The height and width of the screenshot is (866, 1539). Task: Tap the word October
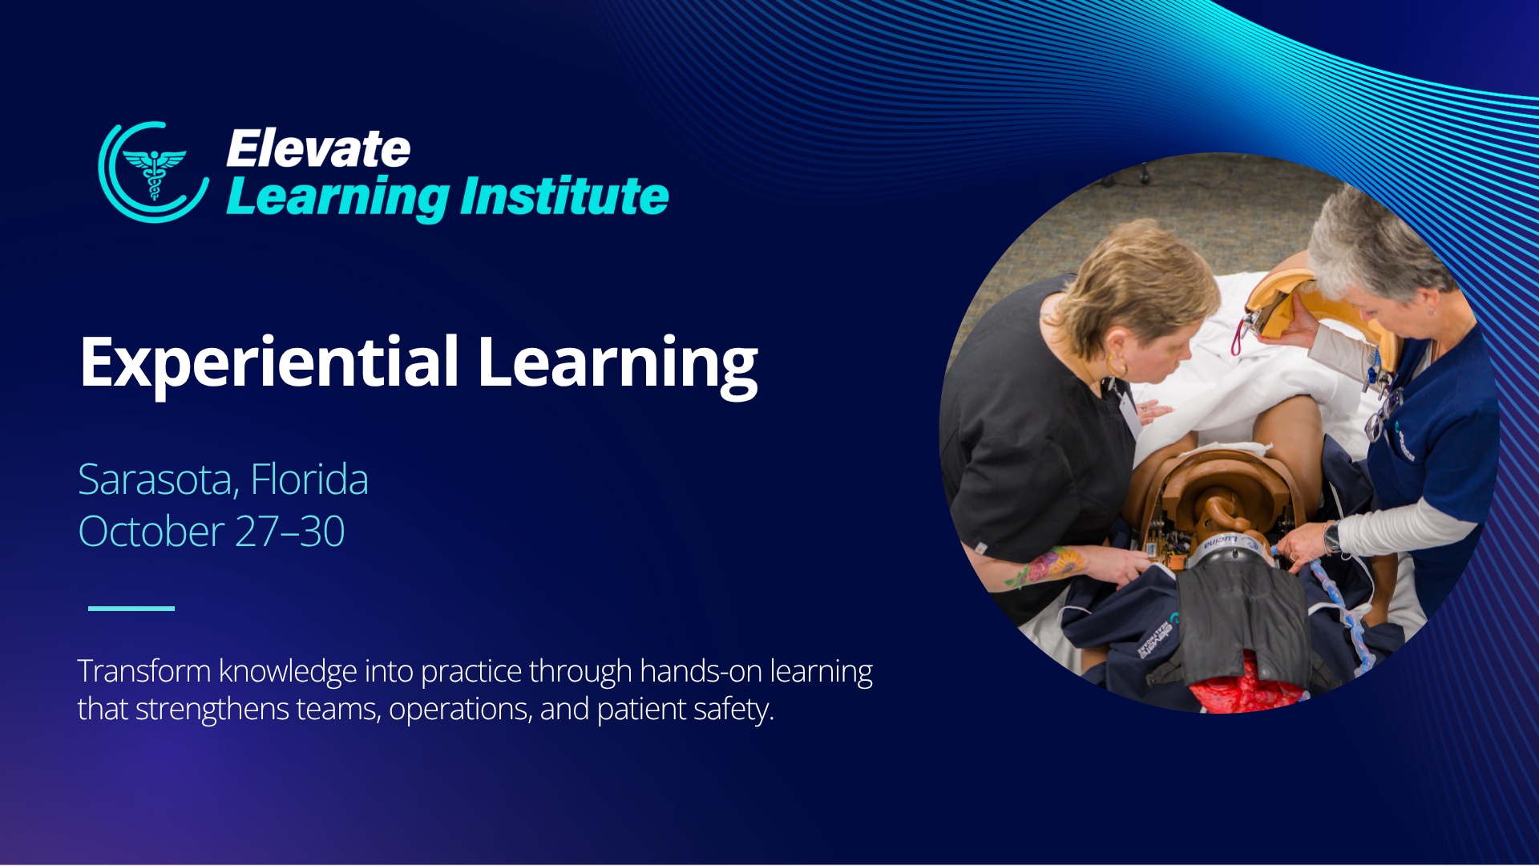point(151,532)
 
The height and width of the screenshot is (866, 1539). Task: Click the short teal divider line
point(131,609)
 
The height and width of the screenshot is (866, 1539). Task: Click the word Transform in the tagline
point(144,671)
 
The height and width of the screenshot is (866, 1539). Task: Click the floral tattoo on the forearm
point(1042,567)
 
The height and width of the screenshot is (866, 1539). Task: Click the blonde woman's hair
point(1138,277)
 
